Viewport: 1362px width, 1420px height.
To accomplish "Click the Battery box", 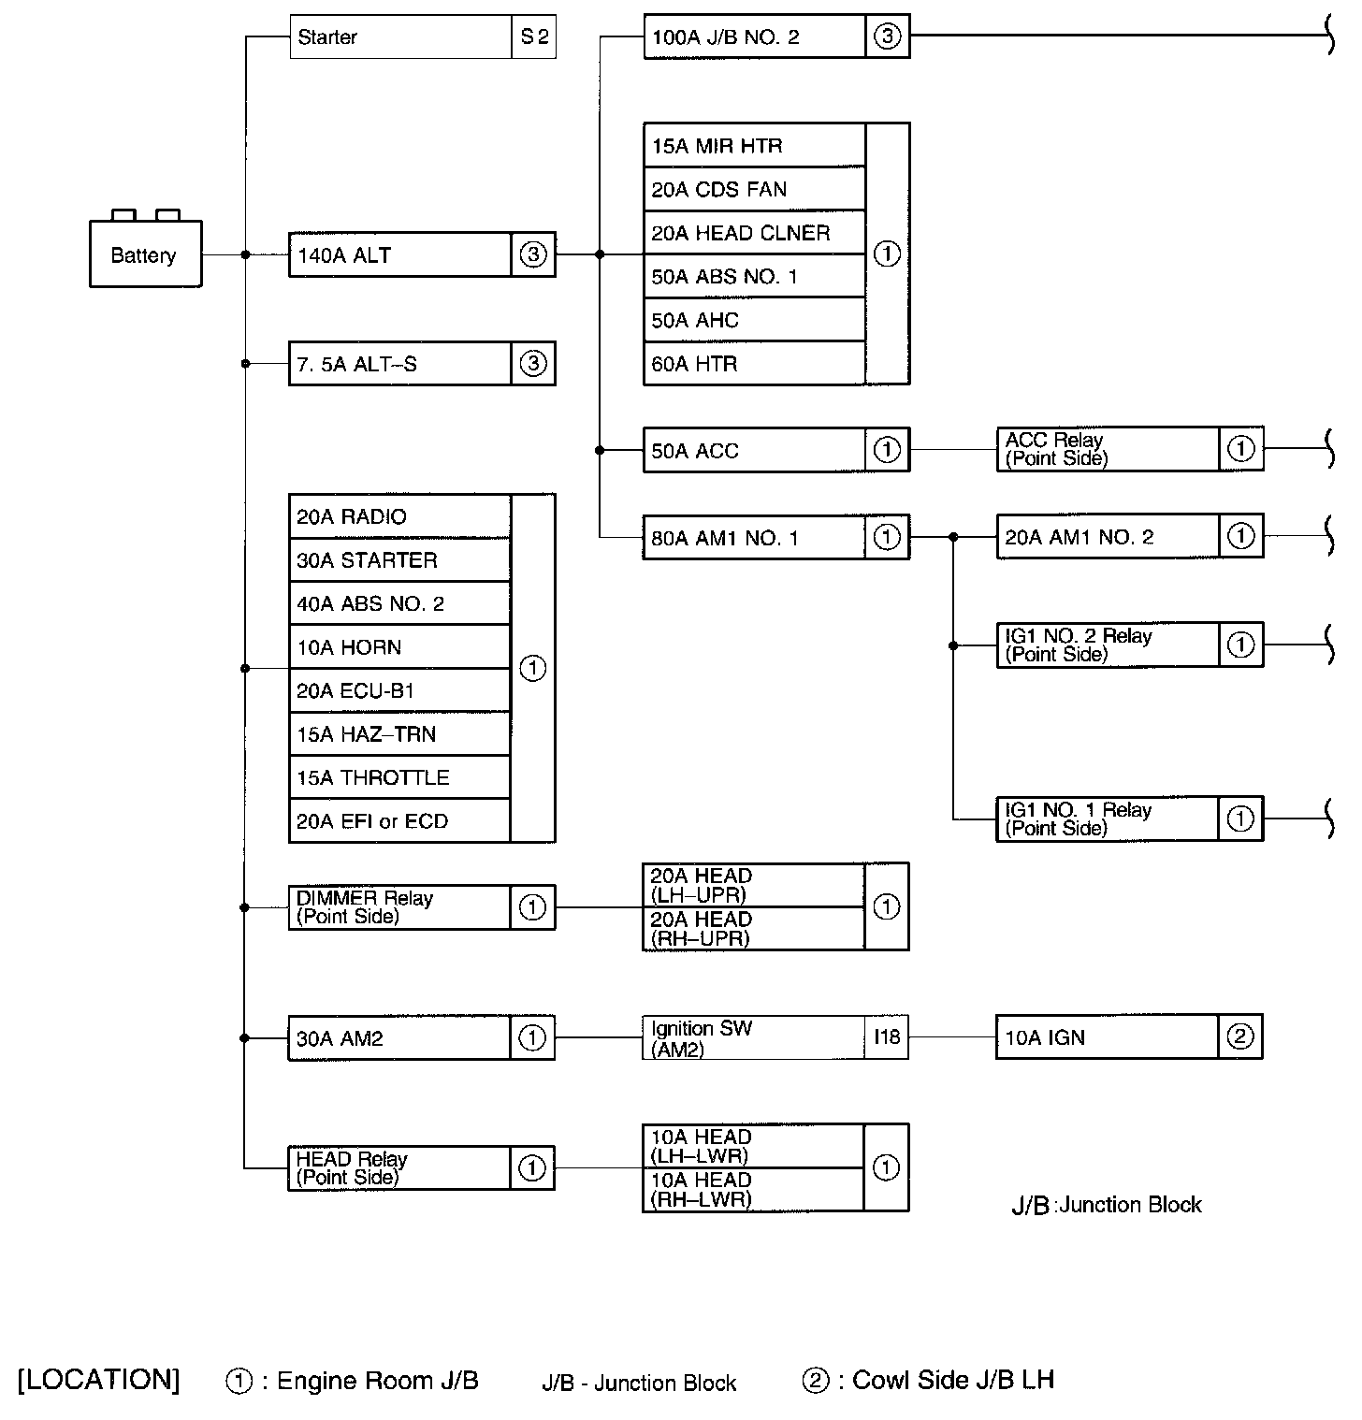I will click(x=145, y=254).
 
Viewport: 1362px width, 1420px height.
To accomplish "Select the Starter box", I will click(x=400, y=37).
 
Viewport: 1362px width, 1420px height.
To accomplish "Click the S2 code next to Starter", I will click(x=534, y=37).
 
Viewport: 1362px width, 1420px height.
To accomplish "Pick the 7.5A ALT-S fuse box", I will click(x=400, y=364).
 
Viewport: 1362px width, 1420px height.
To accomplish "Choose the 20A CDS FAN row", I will click(x=754, y=190).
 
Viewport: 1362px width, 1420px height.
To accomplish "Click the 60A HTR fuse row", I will click(x=754, y=364).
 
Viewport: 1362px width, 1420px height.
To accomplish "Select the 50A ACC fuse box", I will click(x=754, y=451).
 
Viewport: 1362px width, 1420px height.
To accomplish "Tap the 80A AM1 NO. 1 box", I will click(x=754, y=538).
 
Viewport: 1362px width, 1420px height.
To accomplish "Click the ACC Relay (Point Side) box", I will click(x=1108, y=449).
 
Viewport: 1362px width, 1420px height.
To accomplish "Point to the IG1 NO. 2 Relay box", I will click(x=1108, y=645).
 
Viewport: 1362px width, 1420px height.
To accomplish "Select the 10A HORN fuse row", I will click(x=400, y=647).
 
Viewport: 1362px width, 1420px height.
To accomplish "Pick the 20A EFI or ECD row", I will click(x=400, y=821).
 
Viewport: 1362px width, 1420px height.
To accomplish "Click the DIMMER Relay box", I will click(x=400, y=907).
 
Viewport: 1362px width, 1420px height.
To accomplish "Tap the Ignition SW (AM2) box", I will click(x=754, y=1037).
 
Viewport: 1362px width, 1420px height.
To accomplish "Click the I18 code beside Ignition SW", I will click(x=887, y=1037).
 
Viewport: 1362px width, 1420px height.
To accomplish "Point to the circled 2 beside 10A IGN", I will click(x=1240, y=1036).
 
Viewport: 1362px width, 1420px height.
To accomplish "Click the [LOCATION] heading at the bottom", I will click(x=98, y=1380).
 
